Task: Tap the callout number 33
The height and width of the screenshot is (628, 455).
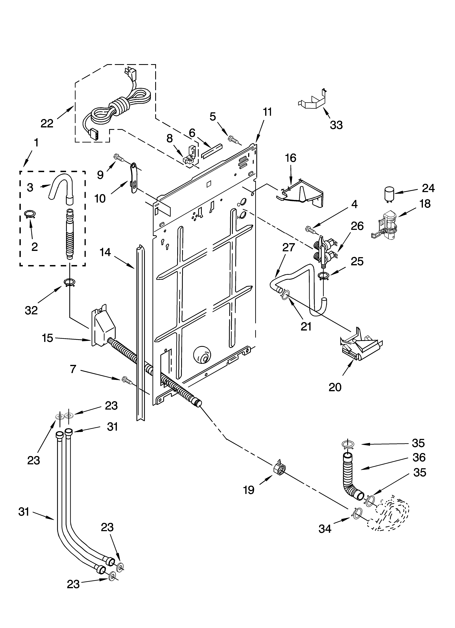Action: tap(336, 125)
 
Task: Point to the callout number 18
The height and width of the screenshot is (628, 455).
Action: tap(425, 204)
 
